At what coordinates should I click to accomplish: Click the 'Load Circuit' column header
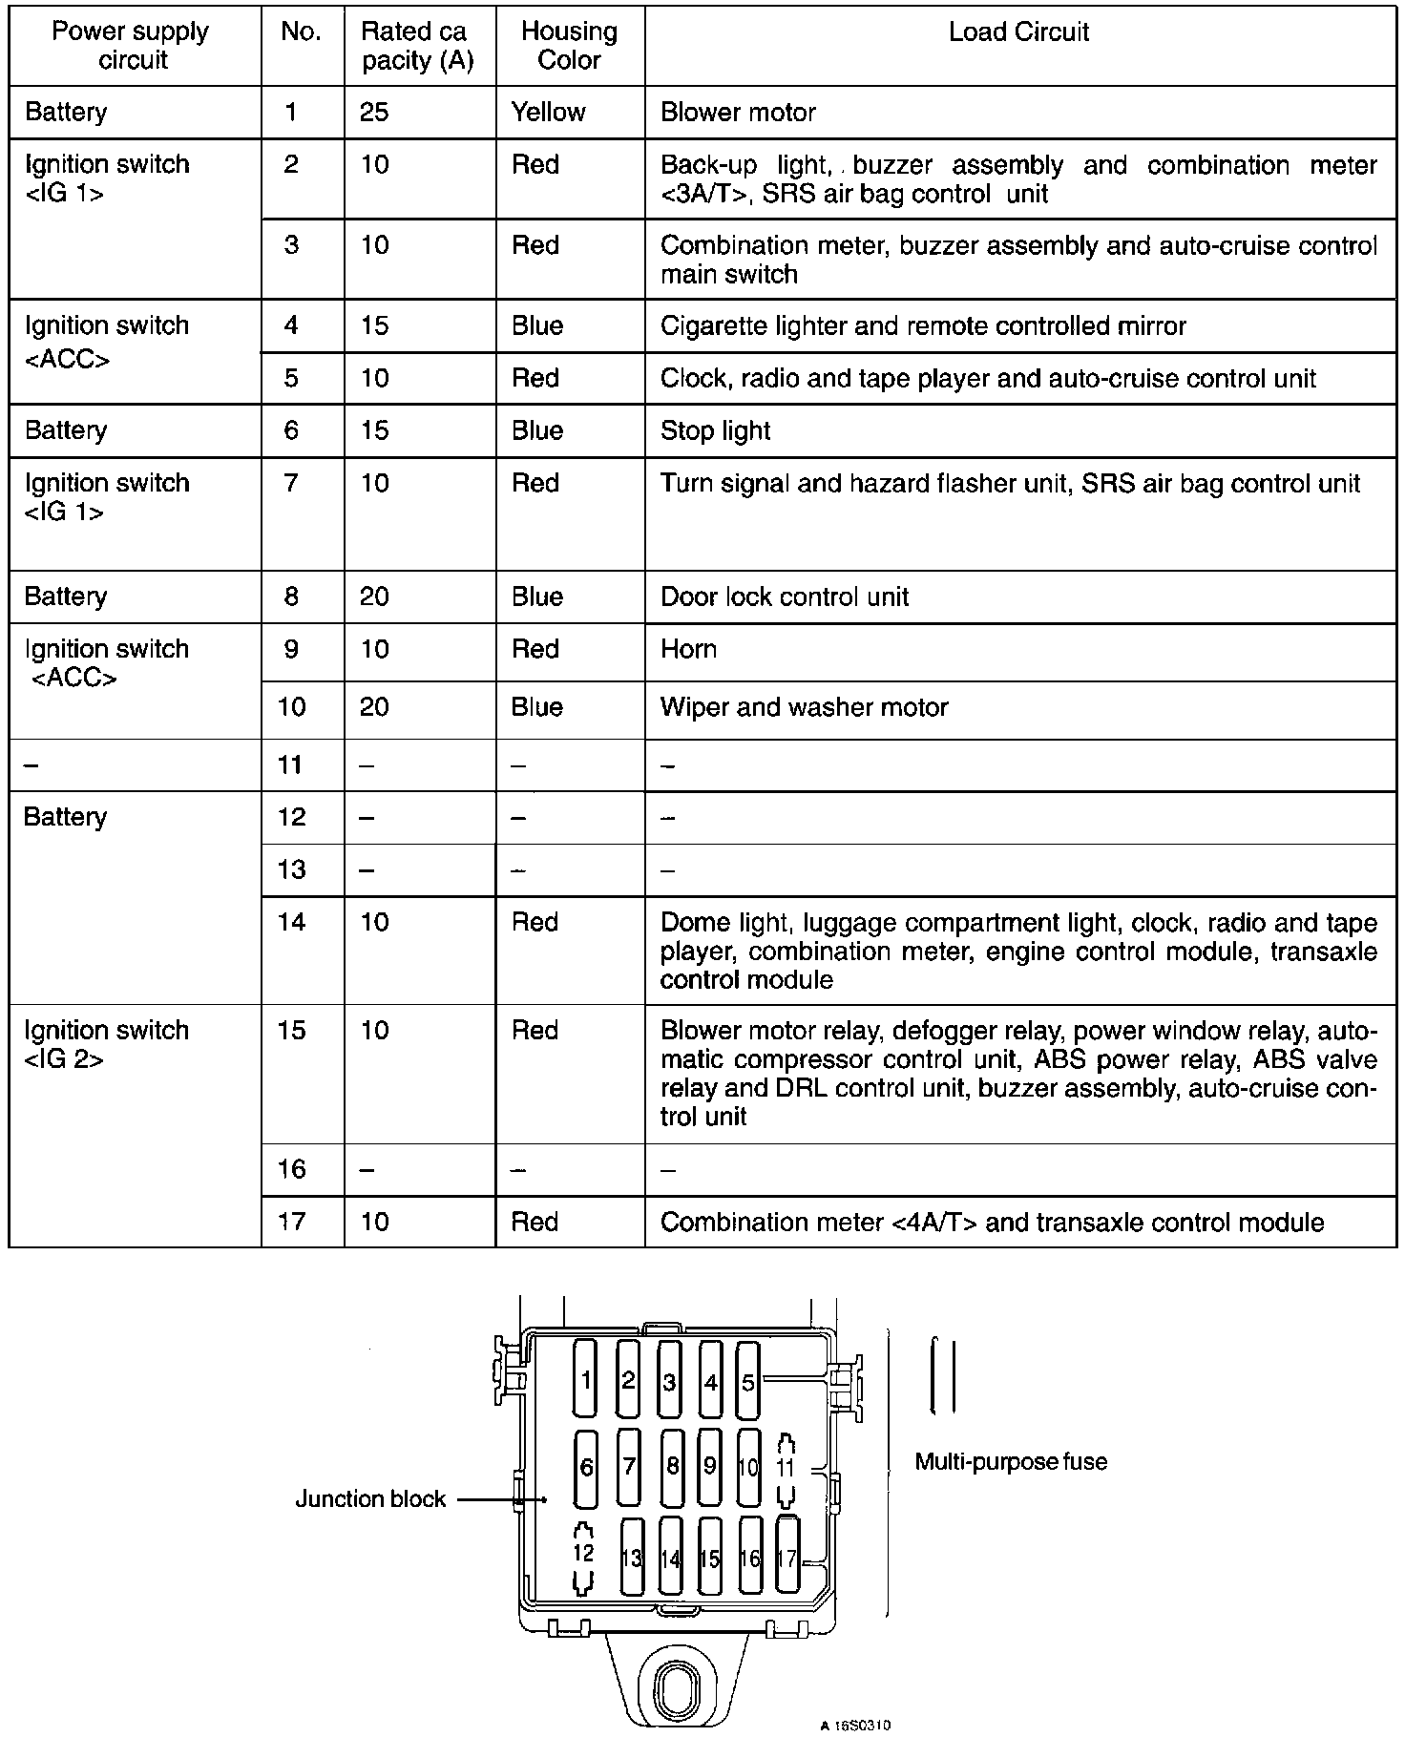(x=1018, y=32)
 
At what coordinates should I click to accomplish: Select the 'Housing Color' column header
(x=569, y=46)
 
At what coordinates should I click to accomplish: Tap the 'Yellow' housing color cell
(x=548, y=113)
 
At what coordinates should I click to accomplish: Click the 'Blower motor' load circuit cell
(x=738, y=113)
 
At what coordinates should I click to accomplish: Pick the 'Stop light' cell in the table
(x=715, y=430)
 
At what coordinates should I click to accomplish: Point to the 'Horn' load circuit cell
(x=688, y=649)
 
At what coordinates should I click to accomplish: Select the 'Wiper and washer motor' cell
(x=804, y=707)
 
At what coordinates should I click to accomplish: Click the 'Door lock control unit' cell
(x=784, y=597)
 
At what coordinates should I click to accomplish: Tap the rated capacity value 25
(x=374, y=113)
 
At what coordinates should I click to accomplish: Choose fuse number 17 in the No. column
(x=291, y=1222)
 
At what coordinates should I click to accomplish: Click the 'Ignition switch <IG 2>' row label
(x=106, y=1045)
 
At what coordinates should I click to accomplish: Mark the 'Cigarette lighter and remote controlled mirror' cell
(x=922, y=326)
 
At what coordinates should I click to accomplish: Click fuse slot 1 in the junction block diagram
(x=585, y=1378)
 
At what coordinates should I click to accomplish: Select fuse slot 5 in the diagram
(x=748, y=1380)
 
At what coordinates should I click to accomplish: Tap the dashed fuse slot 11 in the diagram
(x=786, y=1469)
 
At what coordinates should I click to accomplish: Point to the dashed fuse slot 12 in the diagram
(x=583, y=1556)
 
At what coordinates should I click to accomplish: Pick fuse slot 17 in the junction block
(x=786, y=1557)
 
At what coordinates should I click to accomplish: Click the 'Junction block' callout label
(x=369, y=1499)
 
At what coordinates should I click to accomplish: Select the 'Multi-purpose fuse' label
(x=1011, y=1461)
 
